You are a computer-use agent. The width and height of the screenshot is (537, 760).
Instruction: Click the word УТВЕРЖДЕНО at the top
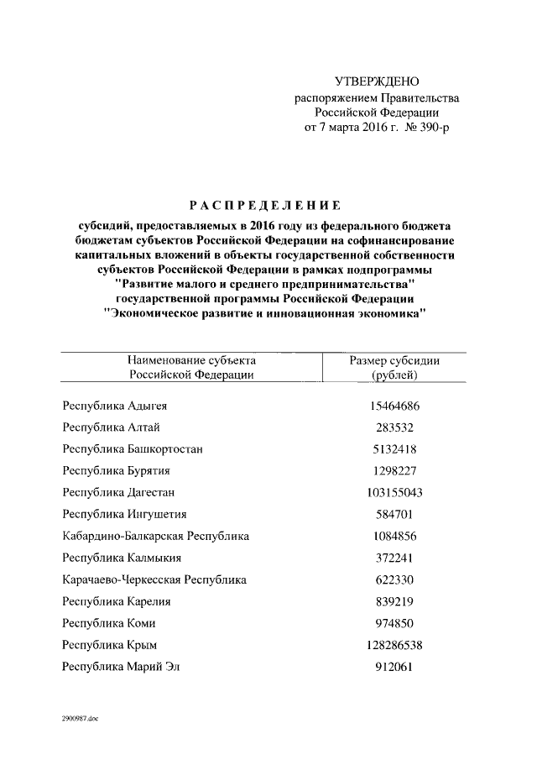pyautogui.click(x=376, y=81)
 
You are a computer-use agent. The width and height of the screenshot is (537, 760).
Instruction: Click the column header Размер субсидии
pyautogui.click(x=394, y=360)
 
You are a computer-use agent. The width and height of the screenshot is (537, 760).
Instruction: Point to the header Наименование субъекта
pyautogui.click(x=191, y=360)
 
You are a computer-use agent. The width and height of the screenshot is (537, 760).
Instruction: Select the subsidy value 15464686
pyautogui.click(x=394, y=406)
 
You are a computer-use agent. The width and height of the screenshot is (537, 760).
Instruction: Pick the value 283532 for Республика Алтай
pyautogui.click(x=394, y=427)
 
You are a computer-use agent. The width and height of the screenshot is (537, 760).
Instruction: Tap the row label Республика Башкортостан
pyautogui.click(x=133, y=449)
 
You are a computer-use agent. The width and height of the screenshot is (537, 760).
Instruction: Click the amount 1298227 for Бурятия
pyautogui.click(x=394, y=470)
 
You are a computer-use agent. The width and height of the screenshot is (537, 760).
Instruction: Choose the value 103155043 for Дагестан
pyautogui.click(x=394, y=492)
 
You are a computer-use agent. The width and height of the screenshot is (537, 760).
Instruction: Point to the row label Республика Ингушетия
pyautogui.click(x=125, y=514)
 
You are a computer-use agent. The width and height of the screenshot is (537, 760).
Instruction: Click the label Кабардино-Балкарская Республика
pyautogui.click(x=156, y=536)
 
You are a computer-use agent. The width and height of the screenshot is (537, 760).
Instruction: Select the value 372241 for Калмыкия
pyautogui.click(x=394, y=558)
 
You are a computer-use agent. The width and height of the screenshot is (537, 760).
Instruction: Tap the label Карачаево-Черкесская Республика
pyautogui.click(x=154, y=579)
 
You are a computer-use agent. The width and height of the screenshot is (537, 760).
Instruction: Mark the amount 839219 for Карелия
pyautogui.click(x=394, y=601)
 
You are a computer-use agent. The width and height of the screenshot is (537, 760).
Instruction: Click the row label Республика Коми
pyautogui.click(x=110, y=623)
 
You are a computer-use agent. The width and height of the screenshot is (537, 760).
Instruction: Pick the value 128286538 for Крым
pyautogui.click(x=394, y=645)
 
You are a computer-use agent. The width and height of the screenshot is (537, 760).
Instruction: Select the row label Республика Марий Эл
pyautogui.click(x=123, y=667)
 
